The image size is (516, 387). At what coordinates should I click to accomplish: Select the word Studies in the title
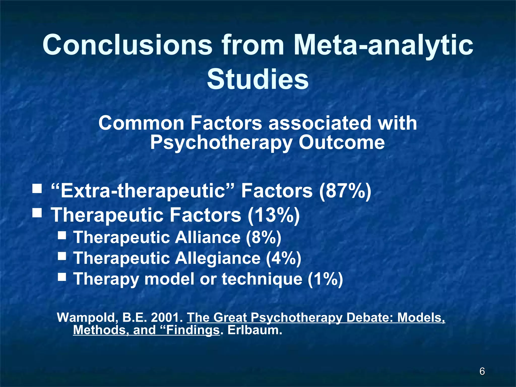pos(258,80)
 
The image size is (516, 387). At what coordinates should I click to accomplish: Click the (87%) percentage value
pos(345,191)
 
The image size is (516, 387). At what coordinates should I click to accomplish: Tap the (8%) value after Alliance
pos(264,237)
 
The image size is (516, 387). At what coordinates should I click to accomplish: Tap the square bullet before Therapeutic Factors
pos(37,213)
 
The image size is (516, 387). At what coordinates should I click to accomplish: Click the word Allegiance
pos(218,258)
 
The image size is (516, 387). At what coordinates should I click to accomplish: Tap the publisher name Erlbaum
pos(255,330)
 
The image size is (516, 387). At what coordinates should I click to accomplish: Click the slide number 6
pos(482,371)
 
